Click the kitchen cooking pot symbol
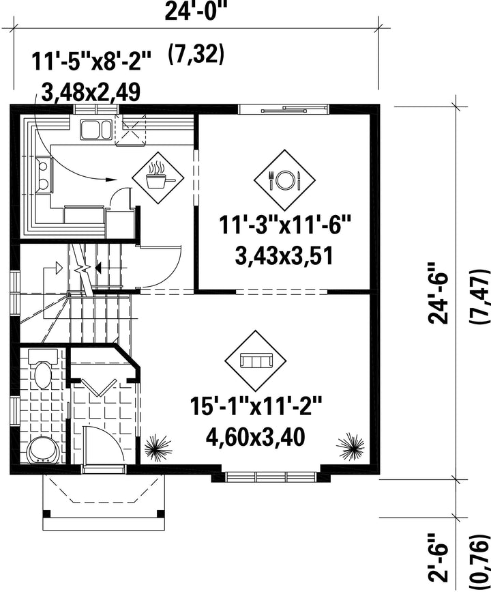[158, 178]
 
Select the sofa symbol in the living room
[256, 361]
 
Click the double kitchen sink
[95, 129]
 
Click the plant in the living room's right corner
[351, 447]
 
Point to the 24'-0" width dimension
[194, 12]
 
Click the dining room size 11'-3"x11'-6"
[285, 226]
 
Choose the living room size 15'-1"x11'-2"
[256, 406]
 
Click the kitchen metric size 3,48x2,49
[91, 92]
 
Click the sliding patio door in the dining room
[284, 109]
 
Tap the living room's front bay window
[270, 477]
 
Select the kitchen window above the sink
[95, 109]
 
